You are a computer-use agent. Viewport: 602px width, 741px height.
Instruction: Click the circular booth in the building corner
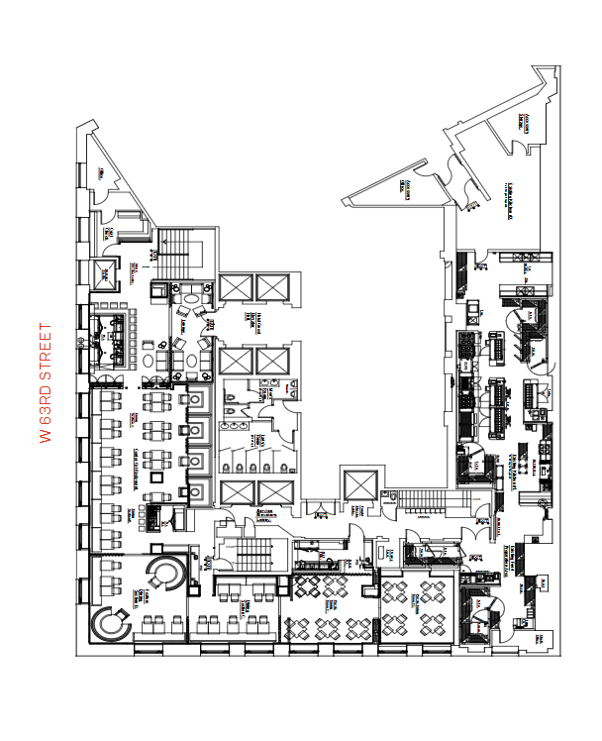pyautogui.click(x=113, y=625)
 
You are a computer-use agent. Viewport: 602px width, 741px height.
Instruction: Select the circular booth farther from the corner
pyautogui.click(x=164, y=572)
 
